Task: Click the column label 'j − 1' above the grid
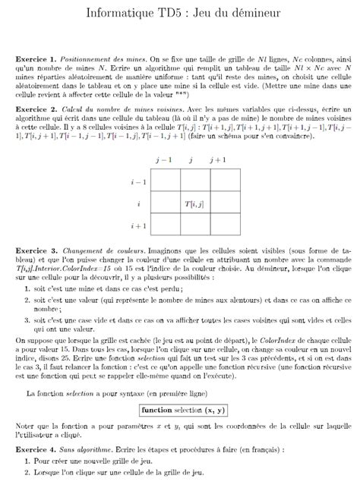[163, 161]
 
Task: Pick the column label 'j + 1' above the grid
[219, 161]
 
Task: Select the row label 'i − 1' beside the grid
[138, 182]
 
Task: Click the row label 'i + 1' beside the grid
[138, 226]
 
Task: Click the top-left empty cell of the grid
[165, 182]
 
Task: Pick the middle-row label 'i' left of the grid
[139, 204]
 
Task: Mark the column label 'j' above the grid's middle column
[191, 161]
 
